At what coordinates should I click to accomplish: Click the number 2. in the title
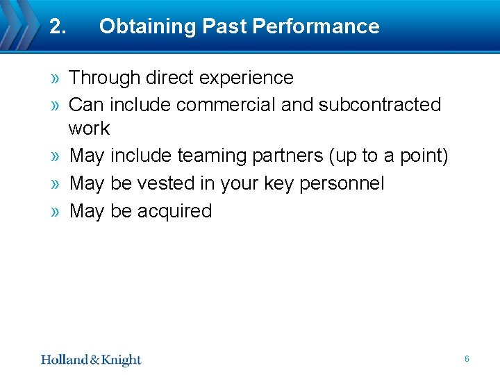tap(58, 26)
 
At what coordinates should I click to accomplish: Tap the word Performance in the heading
tap(316, 26)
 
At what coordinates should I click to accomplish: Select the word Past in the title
tap(225, 26)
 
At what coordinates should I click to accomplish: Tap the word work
tap(89, 128)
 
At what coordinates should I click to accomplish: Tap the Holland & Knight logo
tap(90, 359)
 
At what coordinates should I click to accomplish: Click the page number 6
tap(467, 359)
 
